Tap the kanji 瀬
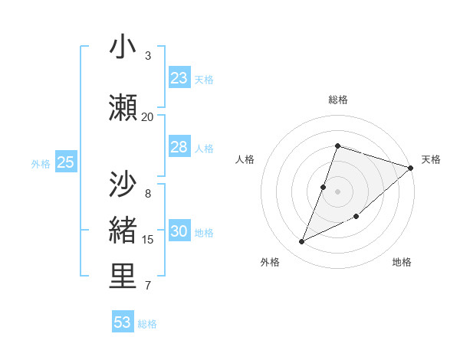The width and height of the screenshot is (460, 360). tap(123, 108)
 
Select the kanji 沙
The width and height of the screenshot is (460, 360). tap(123, 185)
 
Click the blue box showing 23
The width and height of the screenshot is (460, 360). tap(179, 78)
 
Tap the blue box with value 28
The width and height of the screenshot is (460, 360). tap(179, 147)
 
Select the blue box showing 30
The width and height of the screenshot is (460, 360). tap(179, 231)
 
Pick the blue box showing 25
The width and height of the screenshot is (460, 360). tap(65, 162)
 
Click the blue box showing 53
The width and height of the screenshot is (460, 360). tap(123, 322)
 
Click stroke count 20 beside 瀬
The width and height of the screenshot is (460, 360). tap(147, 116)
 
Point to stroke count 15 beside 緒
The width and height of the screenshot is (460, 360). tap(147, 240)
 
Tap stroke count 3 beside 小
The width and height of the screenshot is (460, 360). tap(147, 55)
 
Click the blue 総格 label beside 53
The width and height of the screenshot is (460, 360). tap(147, 324)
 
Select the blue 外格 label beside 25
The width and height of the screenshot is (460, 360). tap(41, 163)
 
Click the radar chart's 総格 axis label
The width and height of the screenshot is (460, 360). tap(337, 100)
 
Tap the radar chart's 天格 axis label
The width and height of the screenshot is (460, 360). tap(431, 159)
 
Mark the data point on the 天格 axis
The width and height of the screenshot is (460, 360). tap(411, 168)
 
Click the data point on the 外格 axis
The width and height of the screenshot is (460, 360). tap(302, 241)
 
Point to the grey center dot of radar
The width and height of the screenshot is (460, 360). tap(337, 191)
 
